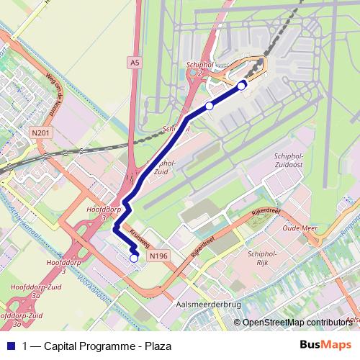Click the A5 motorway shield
tap(134, 63)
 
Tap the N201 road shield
tap(40, 132)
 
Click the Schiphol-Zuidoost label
tap(292, 161)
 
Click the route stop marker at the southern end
tap(134, 258)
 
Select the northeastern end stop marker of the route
tap(241, 85)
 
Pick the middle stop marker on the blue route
tap(209, 106)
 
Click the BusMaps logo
tap(325, 345)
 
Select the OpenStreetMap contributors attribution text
tap(297, 323)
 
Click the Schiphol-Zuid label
tap(161, 168)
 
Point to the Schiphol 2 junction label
tap(199, 68)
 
